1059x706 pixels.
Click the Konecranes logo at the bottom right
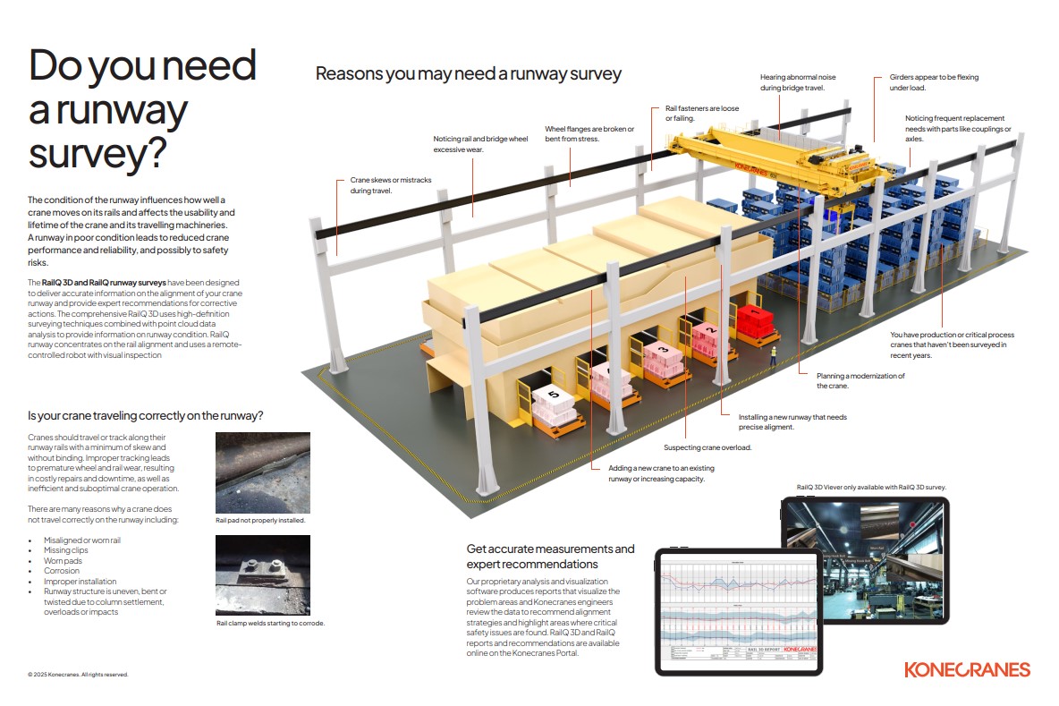point(967,669)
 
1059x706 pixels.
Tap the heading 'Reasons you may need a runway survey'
point(468,73)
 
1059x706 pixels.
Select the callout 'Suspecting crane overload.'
point(707,447)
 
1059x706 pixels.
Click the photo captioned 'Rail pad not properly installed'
point(263,472)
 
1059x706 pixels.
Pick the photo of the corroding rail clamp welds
point(263,574)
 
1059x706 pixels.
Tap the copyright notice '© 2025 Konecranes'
point(78,675)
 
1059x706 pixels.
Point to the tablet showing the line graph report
point(739,610)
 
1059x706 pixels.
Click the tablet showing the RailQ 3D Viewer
point(865,560)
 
